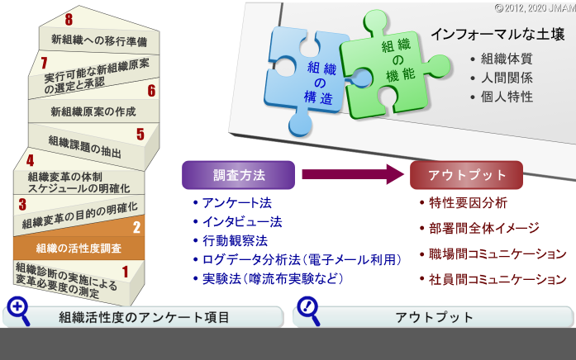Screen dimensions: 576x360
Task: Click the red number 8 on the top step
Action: pyautogui.click(x=69, y=20)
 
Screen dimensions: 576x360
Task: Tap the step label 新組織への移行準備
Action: pyautogui.click(x=99, y=40)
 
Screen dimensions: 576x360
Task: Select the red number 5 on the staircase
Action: pyautogui.click(x=140, y=135)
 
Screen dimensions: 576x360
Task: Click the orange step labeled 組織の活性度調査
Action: pyautogui.click(x=79, y=248)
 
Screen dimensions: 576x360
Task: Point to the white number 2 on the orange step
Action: pyautogui.click(x=136, y=228)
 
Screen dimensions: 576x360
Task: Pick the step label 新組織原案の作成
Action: pyautogui.click(x=93, y=111)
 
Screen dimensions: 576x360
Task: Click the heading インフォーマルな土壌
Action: pyautogui.click(x=497, y=35)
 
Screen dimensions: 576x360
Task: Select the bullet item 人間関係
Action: pyautogui.click(x=507, y=78)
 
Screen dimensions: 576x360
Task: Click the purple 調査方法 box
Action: pyautogui.click(x=238, y=175)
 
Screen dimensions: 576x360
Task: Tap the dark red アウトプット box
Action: pyautogui.click(x=467, y=175)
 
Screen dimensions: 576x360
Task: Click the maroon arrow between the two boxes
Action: pyautogui.click(x=353, y=174)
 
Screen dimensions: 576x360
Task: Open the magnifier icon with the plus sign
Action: pyautogui.click(x=17, y=310)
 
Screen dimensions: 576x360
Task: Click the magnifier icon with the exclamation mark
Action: pyautogui.click(x=308, y=310)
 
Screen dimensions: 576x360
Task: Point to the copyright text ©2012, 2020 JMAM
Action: pyautogui.click(x=536, y=8)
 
